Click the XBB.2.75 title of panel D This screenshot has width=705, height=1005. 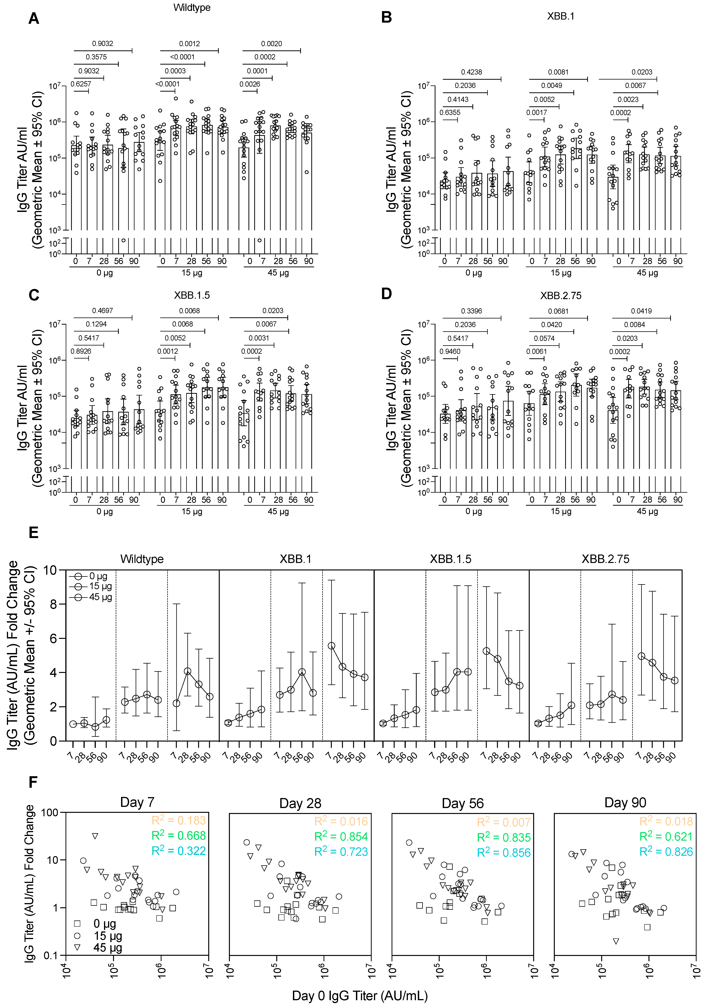(x=561, y=296)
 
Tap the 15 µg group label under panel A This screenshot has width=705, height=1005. (x=192, y=273)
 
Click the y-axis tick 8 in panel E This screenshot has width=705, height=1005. (x=53, y=604)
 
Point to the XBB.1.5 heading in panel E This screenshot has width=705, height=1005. (x=451, y=559)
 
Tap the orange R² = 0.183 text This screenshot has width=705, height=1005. (x=179, y=820)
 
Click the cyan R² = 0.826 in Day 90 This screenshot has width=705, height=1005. (x=666, y=851)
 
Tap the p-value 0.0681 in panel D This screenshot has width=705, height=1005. (x=558, y=311)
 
